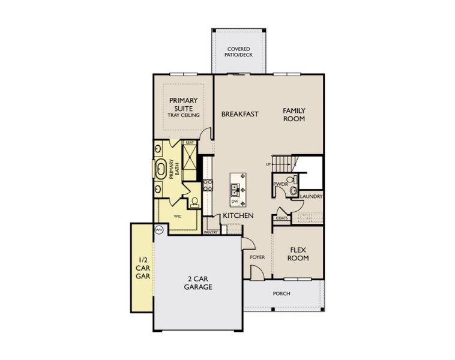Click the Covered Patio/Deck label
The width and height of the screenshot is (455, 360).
point(238,52)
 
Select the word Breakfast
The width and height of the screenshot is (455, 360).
point(240,114)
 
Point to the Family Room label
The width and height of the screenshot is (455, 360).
point(294,115)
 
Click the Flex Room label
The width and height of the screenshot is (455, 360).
point(298,254)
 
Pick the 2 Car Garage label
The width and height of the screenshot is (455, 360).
point(198,283)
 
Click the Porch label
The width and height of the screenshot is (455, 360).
point(282,293)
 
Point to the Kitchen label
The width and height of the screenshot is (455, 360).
point(238,215)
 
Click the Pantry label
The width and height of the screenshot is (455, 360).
point(211,232)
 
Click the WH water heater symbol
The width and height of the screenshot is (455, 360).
point(159,229)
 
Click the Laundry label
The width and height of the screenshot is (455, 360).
point(312,196)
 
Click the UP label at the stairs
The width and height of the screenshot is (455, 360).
point(270,164)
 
